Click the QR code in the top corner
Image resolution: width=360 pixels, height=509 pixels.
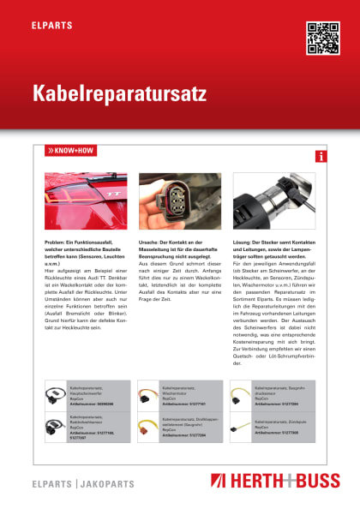pos(322,37)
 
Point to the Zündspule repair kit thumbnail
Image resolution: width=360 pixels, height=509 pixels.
pos(243,425)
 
